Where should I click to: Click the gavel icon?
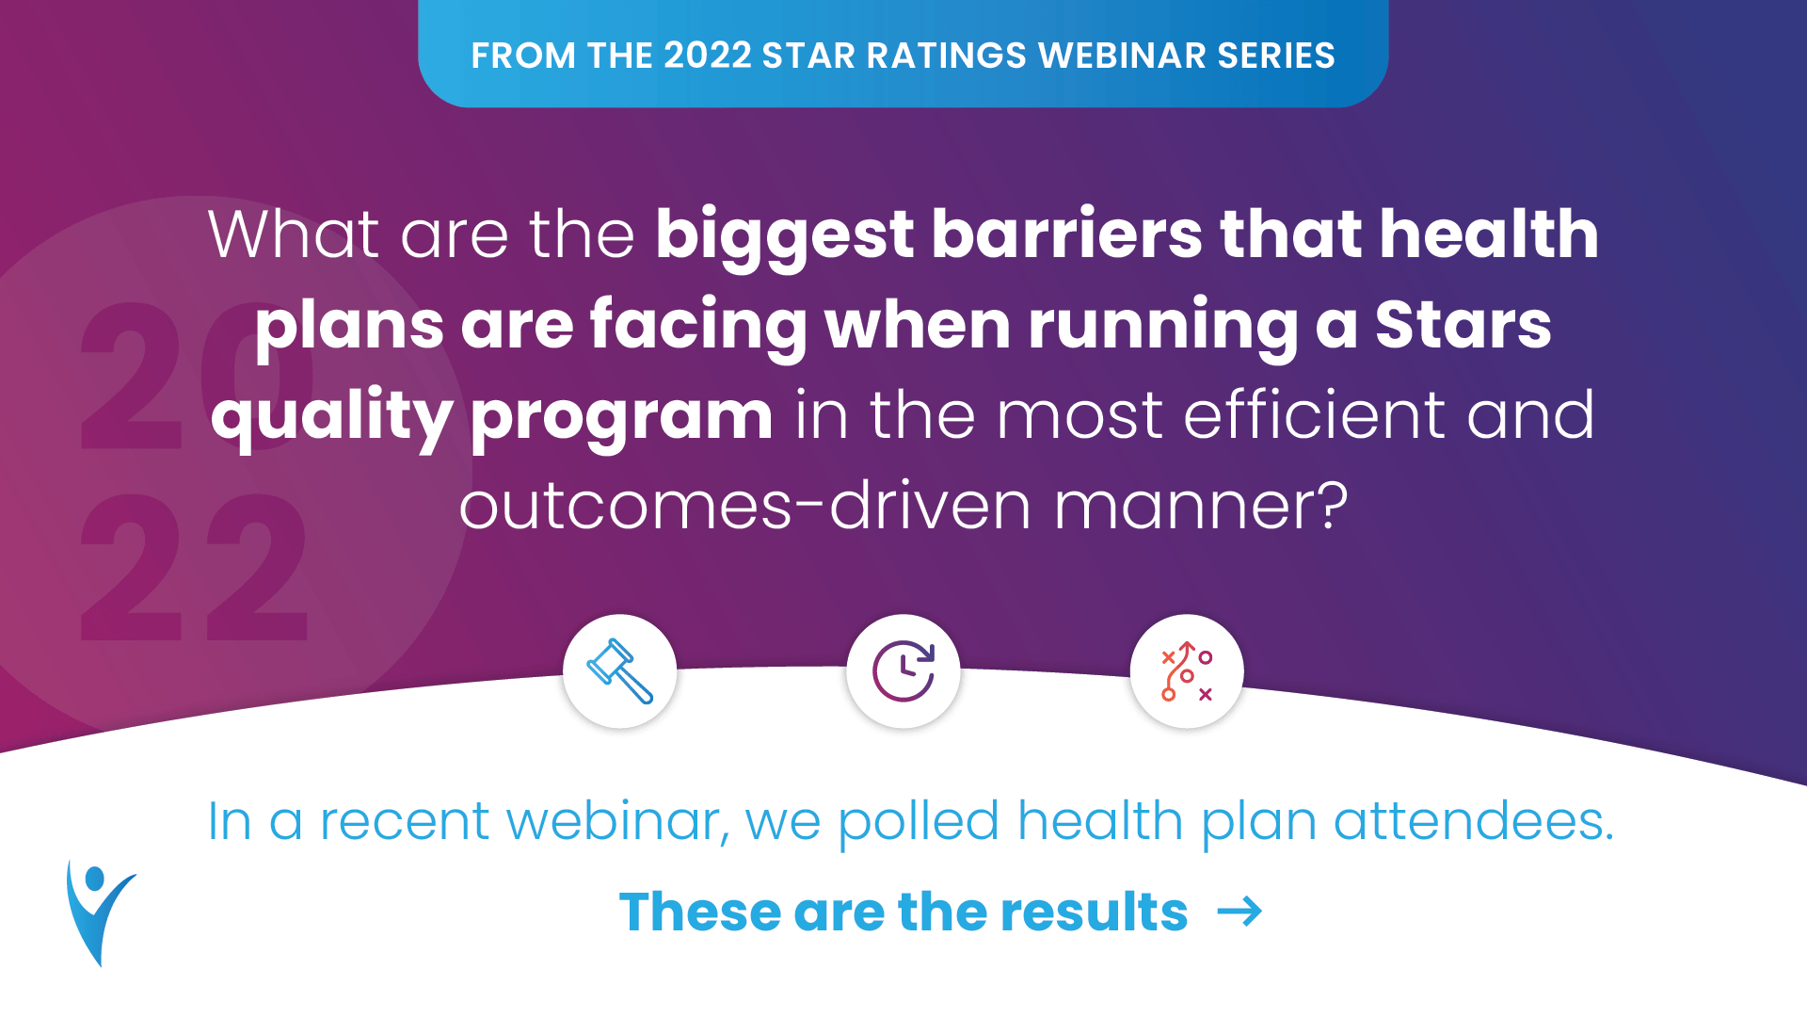619,670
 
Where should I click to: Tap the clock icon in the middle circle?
903,670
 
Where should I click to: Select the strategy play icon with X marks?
1186,670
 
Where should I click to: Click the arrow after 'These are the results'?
1239,912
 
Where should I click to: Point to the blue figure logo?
99,912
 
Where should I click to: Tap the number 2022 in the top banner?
707,56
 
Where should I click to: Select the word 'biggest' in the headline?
784,235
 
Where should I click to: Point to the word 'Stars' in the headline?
1463,325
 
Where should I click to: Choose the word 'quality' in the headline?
331,416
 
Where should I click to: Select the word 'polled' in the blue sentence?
918,822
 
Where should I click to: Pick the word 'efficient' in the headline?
1314,415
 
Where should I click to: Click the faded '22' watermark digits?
194,567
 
